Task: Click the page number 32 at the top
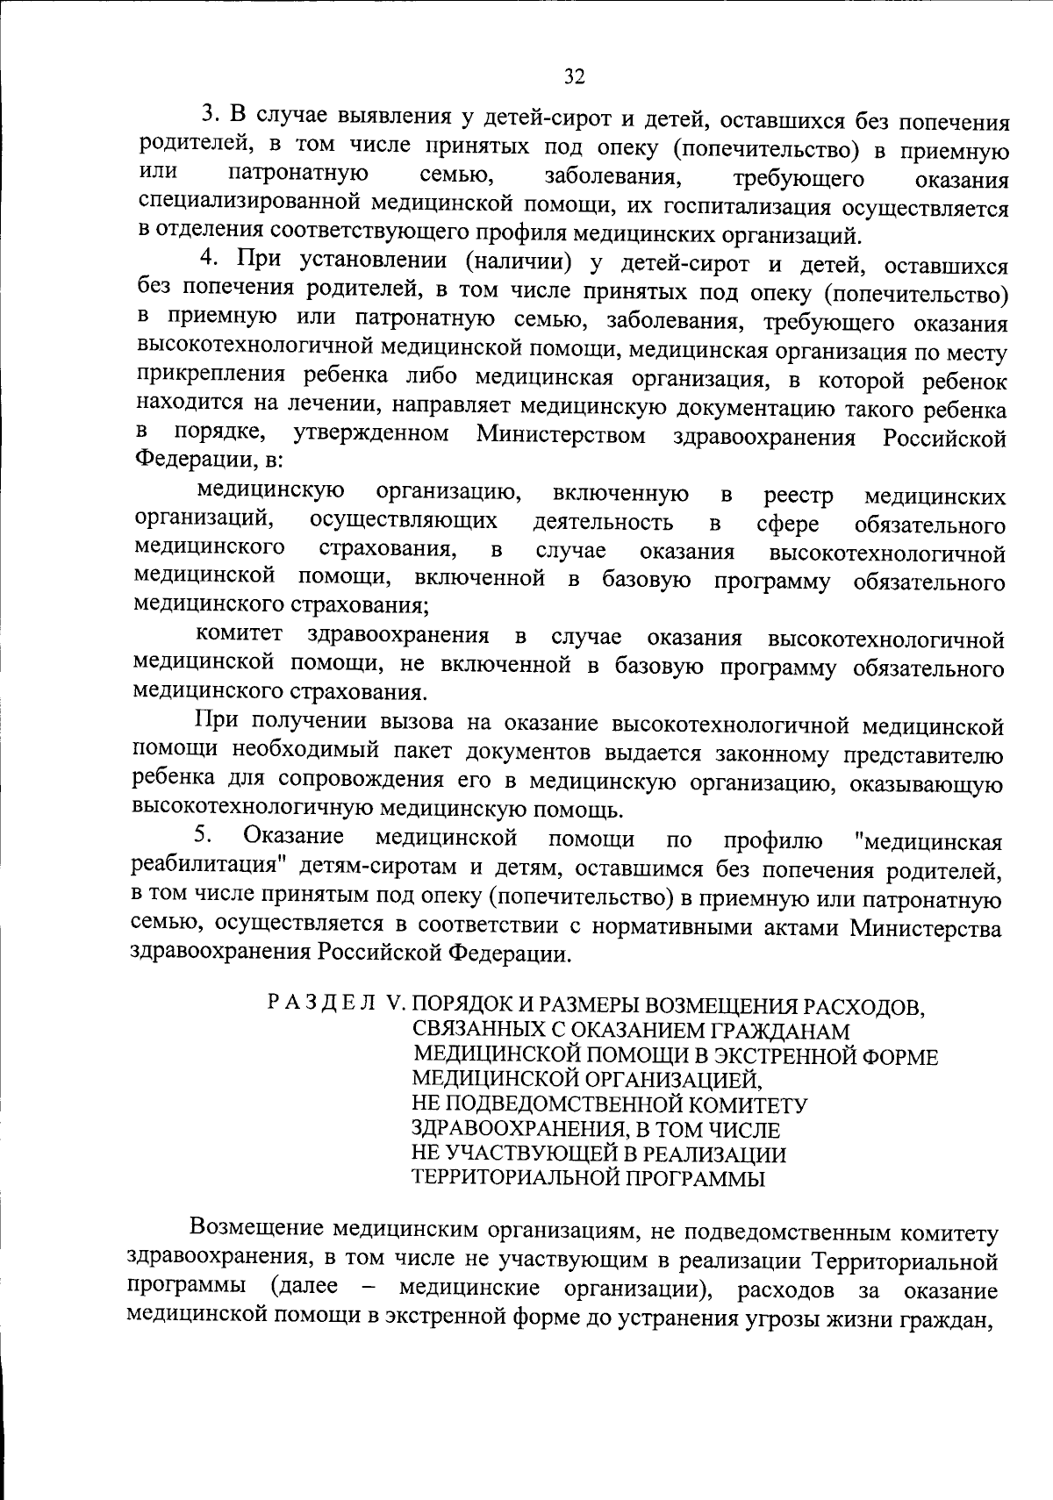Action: click(574, 76)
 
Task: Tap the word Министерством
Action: click(561, 435)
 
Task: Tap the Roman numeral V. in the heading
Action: click(391, 1003)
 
